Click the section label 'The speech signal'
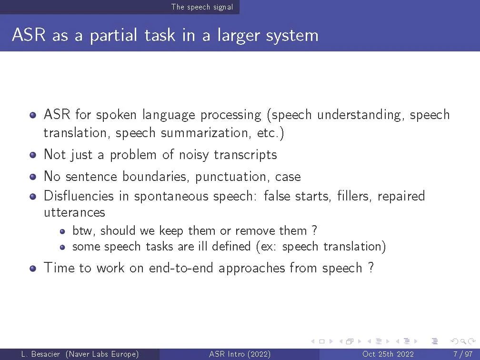pos(202,7)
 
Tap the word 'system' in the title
pos(292,36)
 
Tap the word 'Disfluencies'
pos(79,196)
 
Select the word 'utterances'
pos(74,212)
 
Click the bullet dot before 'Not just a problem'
pos(33,155)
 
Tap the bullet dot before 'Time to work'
pos(33,269)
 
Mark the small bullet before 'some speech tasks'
pos(62,247)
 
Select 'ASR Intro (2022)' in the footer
pos(240,354)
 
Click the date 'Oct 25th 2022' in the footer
pos(388,354)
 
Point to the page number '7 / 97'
pos(463,354)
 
